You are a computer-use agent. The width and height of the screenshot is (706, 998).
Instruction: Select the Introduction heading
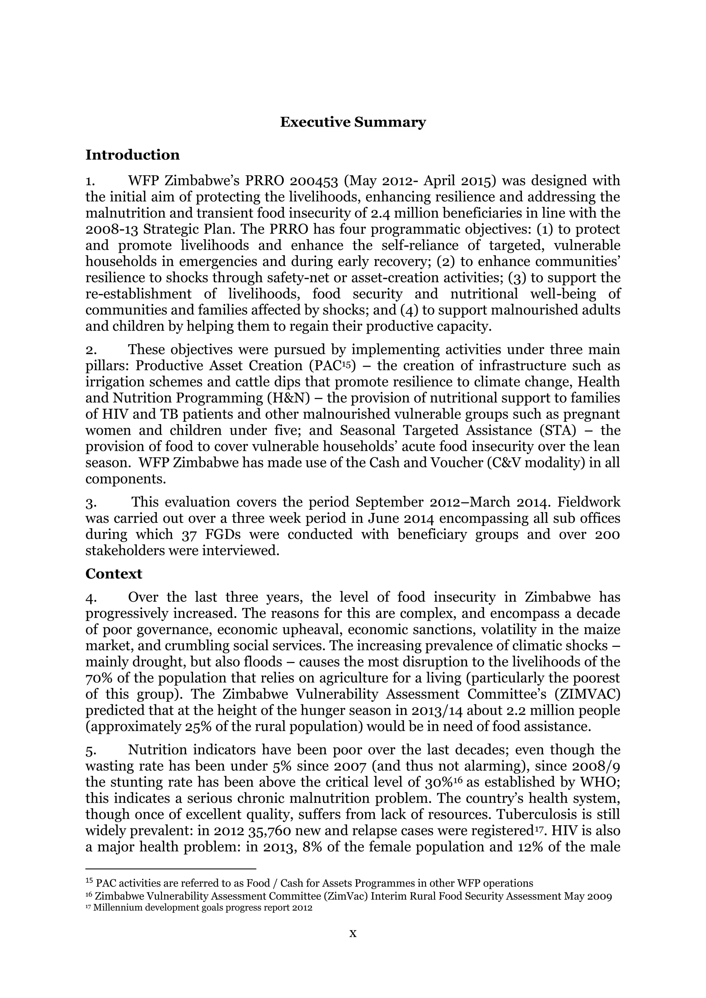point(133,155)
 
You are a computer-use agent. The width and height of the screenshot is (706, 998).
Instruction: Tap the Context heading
point(114,574)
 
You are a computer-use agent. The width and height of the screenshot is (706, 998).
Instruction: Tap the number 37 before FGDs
point(190,534)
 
